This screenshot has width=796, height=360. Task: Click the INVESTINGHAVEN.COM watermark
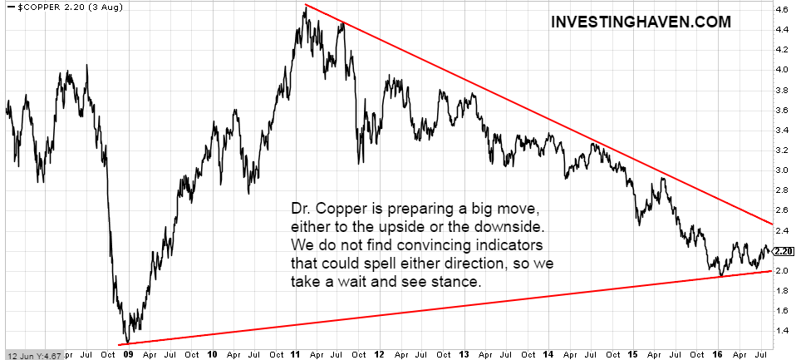pyautogui.click(x=641, y=22)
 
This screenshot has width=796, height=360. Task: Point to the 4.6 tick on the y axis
pyautogui.click(x=782, y=9)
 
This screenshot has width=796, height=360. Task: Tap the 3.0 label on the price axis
pyautogui.click(x=782, y=170)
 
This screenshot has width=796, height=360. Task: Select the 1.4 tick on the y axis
pyautogui.click(x=782, y=330)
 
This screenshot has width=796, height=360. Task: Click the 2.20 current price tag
pyautogui.click(x=783, y=250)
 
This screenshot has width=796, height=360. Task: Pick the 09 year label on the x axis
pyautogui.click(x=128, y=353)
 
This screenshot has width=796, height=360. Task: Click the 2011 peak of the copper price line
pyautogui.click(x=306, y=6)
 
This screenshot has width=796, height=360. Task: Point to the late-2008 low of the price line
pyautogui.click(x=125, y=342)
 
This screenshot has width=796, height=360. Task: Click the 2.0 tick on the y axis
pyautogui.click(x=782, y=270)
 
